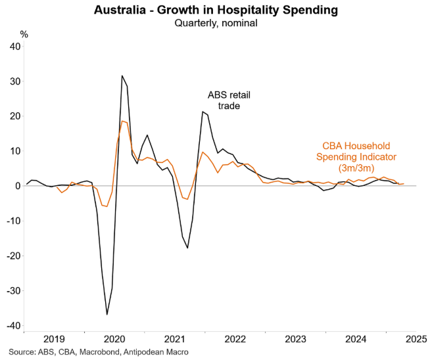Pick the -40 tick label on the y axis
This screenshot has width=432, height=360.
tap(12, 325)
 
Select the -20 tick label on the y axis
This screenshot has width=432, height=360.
tap(12, 256)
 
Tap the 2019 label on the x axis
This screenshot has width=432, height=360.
tap(54, 339)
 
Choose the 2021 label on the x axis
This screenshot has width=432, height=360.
tap(175, 339)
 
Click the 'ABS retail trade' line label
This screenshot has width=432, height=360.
tap(229, 101)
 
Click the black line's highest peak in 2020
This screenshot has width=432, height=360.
tap(122, 76)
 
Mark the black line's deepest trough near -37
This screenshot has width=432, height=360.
tap(107, 315)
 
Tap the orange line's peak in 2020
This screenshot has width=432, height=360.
tap(122, 121)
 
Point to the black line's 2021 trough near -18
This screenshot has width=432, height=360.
tap(187, 248)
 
